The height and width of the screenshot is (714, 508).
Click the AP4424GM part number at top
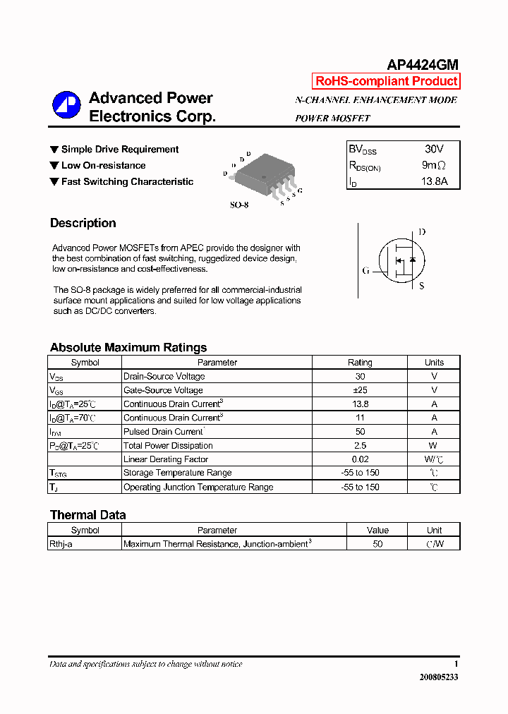tap(423, 64)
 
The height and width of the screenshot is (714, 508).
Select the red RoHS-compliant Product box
tap(386, 81)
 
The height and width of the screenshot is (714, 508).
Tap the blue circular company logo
tap(66, 105)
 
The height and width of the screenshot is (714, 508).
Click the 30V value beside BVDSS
tap(434, 150)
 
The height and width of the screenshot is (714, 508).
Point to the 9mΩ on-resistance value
tap(433, 166)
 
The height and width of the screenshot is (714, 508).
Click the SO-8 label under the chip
tap(239, 205)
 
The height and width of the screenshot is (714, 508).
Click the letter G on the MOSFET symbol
tap(365, 270)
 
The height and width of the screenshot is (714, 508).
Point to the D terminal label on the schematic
tap(422, 232)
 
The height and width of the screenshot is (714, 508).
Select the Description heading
tap(83, 223)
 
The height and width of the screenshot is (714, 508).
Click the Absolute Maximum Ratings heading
tap(128, 347)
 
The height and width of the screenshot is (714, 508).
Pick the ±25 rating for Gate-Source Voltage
tap(360, 390)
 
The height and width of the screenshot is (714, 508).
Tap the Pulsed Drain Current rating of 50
tap(360, 432)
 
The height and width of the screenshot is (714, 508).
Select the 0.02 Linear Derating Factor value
tap(360, 459)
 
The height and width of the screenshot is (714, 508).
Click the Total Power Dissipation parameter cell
tap(168, 446)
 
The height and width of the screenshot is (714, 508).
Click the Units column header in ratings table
tap(434, 363)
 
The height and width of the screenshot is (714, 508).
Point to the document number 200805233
tap(438, 677)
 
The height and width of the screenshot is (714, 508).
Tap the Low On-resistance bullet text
tap(103, 166)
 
